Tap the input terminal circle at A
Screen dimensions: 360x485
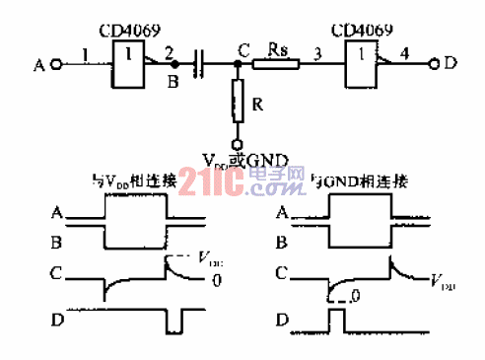coord(56,65)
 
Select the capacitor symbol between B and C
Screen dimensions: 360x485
coord(200,65)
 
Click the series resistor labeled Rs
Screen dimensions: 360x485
coord(276,65)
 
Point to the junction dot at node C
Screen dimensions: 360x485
coord(237,65)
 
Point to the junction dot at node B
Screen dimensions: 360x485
coord(174,65)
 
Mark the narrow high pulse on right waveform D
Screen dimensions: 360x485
coord(337,319)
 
